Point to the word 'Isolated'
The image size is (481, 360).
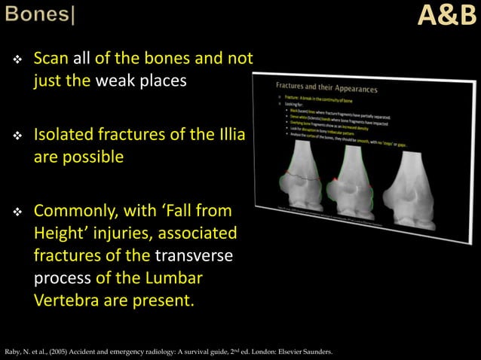[66, 136]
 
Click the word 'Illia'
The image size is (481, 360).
[233, 136]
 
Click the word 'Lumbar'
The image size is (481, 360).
[176, 277]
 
